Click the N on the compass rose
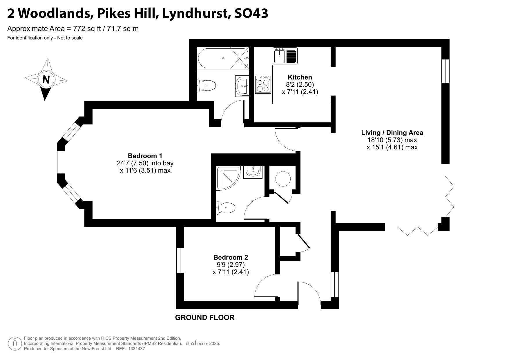(46, 79)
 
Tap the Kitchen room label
(300, 77)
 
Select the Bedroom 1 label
(145, 156)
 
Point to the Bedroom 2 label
(231, 257)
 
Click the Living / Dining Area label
(392, 133)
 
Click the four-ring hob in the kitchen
(263, 84)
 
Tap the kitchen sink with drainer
(285, 56)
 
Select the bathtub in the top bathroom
(223, 58)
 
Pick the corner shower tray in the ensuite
(228, 178)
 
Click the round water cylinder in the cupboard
(283, 179)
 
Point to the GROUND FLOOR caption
(205, 318)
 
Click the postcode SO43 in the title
(251, 13)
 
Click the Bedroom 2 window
(180, 260)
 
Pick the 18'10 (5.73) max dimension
(392, 140)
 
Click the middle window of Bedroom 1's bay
(61, 162)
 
